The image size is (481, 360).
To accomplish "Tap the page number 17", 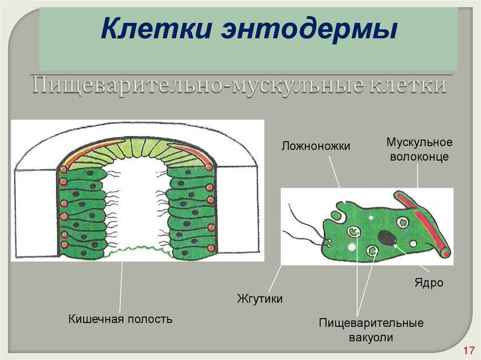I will [x=467, y=351].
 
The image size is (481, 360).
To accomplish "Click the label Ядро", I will [x=428, y=283].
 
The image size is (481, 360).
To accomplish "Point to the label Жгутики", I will [x=260, y=299].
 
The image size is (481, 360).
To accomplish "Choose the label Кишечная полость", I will [x=121, y=320].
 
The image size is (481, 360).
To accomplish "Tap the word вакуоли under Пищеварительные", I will [x=371, y=337].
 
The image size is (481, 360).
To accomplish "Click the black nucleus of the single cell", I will [x=387, y=237].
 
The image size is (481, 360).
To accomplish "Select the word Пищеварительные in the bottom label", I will [x=371, y=323].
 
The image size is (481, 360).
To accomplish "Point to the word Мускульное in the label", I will [x=419, y=142].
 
